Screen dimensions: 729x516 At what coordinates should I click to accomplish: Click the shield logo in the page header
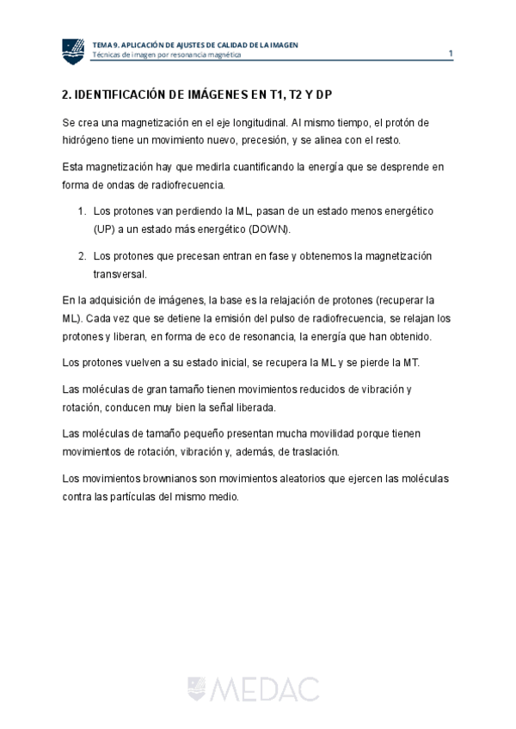[74, 51]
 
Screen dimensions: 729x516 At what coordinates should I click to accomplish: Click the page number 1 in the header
[451, 54]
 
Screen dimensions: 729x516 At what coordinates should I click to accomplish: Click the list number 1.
[82, 211]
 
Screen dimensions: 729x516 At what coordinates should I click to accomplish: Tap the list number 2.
[82, 256]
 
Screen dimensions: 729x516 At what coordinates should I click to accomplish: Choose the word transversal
[120, 274]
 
